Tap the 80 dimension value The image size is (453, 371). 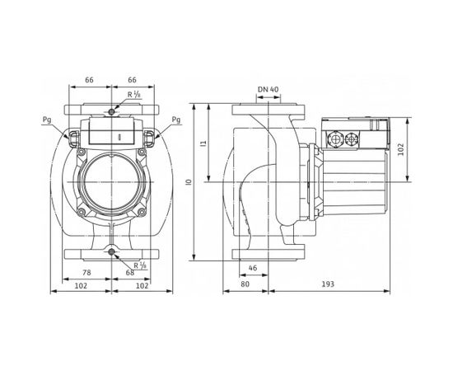pos(245,284)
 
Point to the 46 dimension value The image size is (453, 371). pos(253,268)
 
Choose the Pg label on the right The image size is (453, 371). pos(176,120)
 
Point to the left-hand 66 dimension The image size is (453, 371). pos(89,80)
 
